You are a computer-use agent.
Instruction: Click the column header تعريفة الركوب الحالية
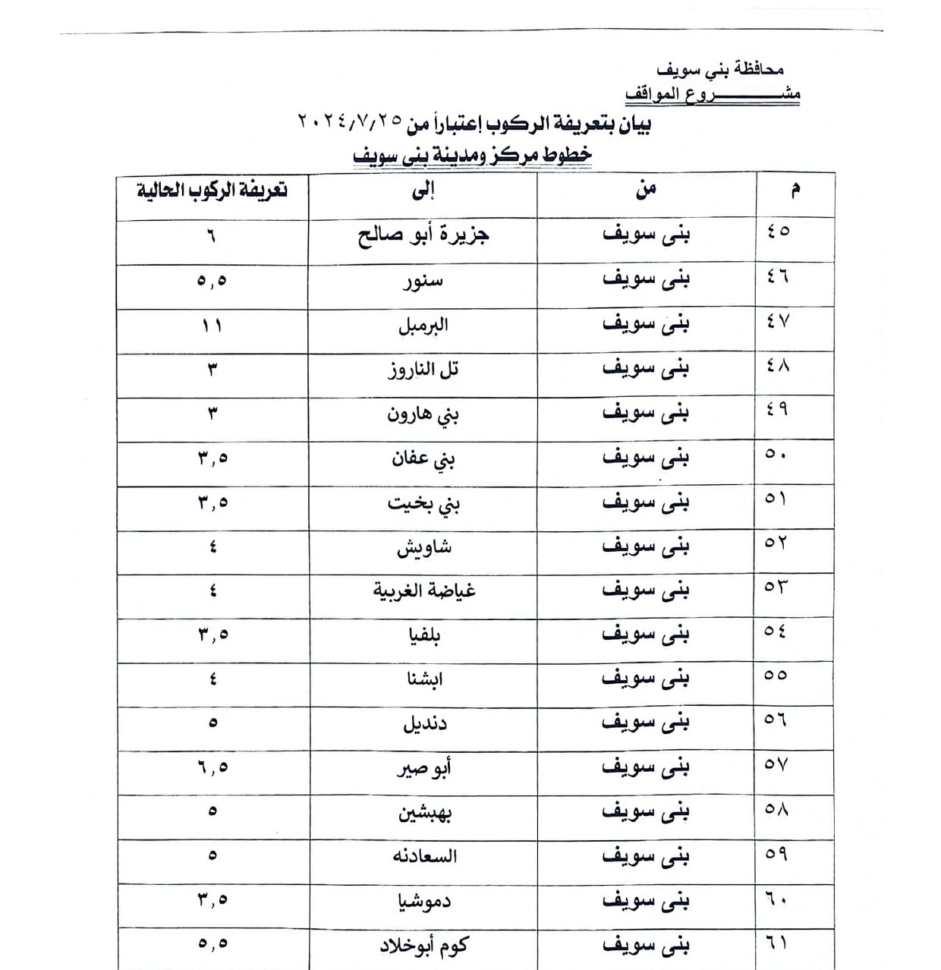click(212, 190)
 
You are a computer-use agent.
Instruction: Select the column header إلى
click(423, 191)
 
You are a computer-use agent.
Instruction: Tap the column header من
click(646, 190)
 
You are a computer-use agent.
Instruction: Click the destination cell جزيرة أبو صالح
click(423, 235)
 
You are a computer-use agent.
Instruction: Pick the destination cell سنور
click(423, 282)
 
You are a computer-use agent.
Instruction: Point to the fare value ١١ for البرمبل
click(212, 326)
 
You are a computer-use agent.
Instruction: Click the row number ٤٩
click(776, 410)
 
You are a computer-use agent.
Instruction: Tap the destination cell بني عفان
click(423, 459)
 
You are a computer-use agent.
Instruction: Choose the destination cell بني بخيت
click(423, 504)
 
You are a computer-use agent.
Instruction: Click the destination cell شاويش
click(423, 547)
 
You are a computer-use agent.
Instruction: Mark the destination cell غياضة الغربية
click(423, 591)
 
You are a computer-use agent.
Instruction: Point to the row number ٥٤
click(776, 631)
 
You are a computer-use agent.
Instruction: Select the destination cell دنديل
click(424, 723)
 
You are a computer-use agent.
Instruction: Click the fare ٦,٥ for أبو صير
click(212, 767)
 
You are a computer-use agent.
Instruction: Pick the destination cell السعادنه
click(424, 856)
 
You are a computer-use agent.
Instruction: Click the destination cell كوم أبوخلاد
click(423, 945)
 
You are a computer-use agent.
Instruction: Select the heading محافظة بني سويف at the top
click(719, 69)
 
